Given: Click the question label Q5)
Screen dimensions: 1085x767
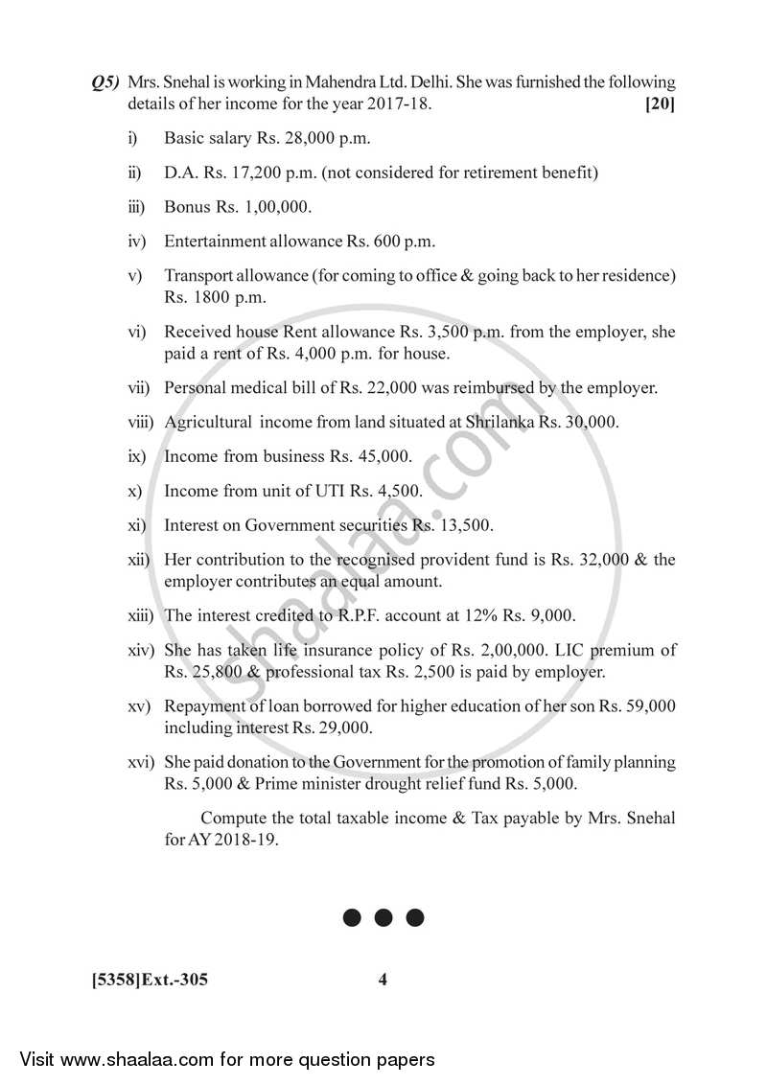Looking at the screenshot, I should click(105, 83).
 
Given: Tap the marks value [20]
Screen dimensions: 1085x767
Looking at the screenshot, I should click(660, 104).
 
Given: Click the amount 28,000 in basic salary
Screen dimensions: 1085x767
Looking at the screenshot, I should click(304, 138).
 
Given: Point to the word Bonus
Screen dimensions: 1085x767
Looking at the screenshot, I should click(186, 207).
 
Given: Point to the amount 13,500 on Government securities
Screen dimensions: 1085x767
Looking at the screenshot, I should click(464, 525).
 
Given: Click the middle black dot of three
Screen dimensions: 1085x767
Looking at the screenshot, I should click(383, 918).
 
